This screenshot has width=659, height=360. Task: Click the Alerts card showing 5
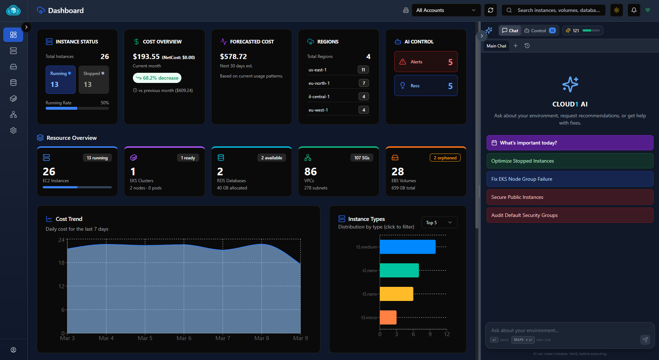point(426,62)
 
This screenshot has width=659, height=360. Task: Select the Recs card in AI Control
point(426,86)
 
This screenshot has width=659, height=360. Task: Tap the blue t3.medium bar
point(407,247)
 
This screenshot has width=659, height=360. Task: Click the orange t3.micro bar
point(388,318)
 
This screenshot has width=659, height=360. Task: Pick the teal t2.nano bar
point(399,271)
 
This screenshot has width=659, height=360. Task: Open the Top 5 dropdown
point(439,223)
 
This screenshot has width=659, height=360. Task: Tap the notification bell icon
point(634,10)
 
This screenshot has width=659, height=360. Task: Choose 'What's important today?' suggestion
point(570,143)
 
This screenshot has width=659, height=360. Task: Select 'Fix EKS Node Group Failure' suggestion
point(570,179)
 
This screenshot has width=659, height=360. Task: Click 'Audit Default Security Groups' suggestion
point(570,215)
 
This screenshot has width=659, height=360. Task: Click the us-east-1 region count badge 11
point(363,70)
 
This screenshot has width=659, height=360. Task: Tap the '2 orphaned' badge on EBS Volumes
point(445,158)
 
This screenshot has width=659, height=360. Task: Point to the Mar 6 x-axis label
point(184,338)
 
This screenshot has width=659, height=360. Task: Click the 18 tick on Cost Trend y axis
point(62,263)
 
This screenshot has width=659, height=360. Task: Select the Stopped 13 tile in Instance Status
point(93,80)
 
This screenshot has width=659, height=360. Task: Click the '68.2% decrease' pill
point(157,78)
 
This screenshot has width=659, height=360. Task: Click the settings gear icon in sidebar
point(13,130)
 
